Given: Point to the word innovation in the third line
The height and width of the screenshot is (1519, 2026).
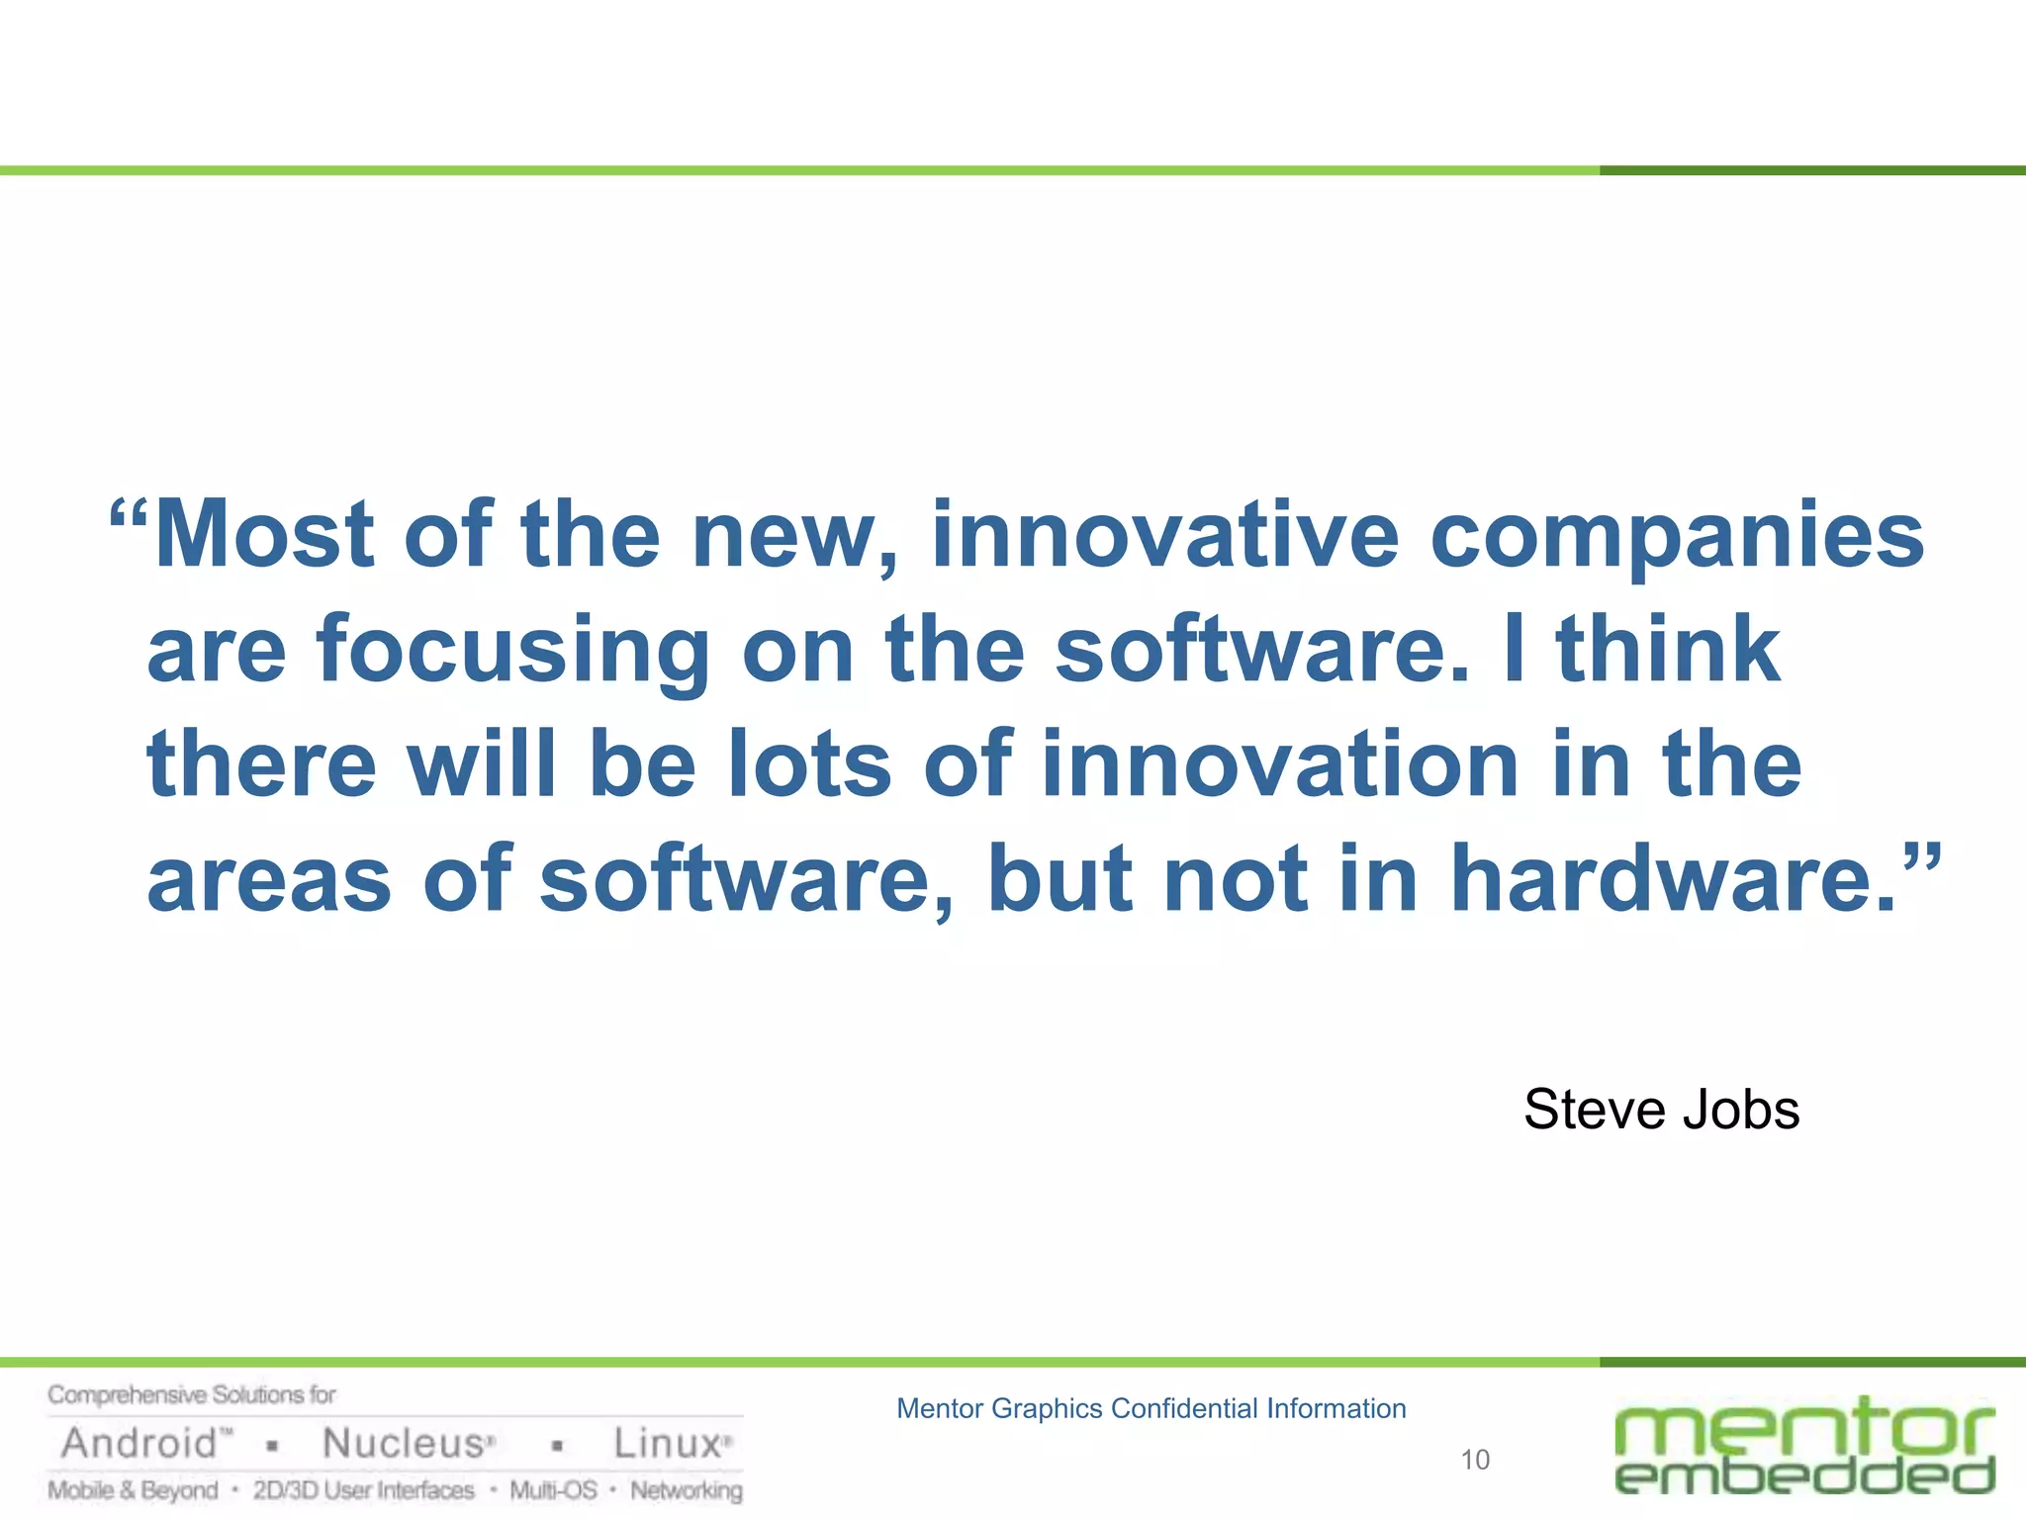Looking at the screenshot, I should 1280,764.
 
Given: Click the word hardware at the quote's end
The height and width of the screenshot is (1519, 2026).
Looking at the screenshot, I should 1672,879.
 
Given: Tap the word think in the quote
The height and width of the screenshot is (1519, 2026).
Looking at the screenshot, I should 1668,650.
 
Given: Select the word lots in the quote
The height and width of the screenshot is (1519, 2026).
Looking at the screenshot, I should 809,764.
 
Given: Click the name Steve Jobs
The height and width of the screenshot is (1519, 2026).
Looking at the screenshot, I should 1661,1110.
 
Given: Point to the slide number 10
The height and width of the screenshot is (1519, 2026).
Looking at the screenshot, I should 1474,1460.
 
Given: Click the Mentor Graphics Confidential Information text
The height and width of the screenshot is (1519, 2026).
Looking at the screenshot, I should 1151,1408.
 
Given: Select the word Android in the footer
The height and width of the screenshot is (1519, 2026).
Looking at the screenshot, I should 139,1444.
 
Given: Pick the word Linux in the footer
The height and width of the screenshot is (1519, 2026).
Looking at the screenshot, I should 668,1444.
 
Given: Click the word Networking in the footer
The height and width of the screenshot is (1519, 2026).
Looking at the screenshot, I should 687,1490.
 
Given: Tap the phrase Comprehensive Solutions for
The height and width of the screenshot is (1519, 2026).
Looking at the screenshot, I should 192,1395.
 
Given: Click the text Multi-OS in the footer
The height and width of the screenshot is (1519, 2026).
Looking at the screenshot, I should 553,1490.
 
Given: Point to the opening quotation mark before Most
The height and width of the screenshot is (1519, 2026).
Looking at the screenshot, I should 129,513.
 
